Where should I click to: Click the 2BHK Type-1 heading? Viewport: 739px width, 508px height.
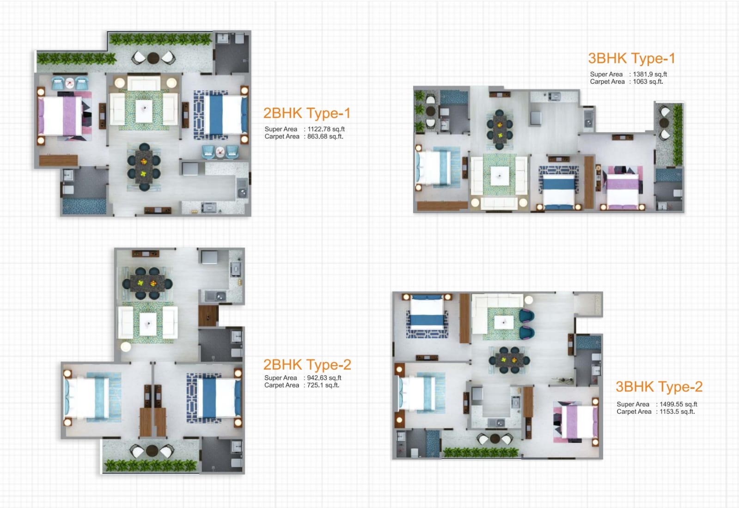306,113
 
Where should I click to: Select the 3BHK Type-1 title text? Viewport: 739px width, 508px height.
631,58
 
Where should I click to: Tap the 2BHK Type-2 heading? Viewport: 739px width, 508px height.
307,365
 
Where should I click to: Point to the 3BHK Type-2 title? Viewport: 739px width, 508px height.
659,386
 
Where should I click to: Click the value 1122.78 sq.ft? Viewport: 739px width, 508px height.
326,129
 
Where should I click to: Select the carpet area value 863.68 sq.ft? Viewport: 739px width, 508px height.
325,136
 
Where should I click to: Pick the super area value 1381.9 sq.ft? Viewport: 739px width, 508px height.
650,74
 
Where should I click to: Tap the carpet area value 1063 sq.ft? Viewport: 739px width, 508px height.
648,81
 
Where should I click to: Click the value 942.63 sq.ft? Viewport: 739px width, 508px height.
324,378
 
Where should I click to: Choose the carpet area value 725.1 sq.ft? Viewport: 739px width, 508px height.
323,385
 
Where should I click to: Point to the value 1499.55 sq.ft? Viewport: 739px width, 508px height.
678,404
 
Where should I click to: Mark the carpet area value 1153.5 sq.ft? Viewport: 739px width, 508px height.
677,412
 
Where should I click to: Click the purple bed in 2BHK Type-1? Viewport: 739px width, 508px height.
60,116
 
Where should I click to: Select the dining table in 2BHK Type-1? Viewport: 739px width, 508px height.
144,166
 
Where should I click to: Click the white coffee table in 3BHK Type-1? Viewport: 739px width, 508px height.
500,176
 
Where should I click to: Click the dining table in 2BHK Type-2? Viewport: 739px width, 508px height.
147,283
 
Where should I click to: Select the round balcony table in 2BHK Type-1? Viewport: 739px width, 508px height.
153,58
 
